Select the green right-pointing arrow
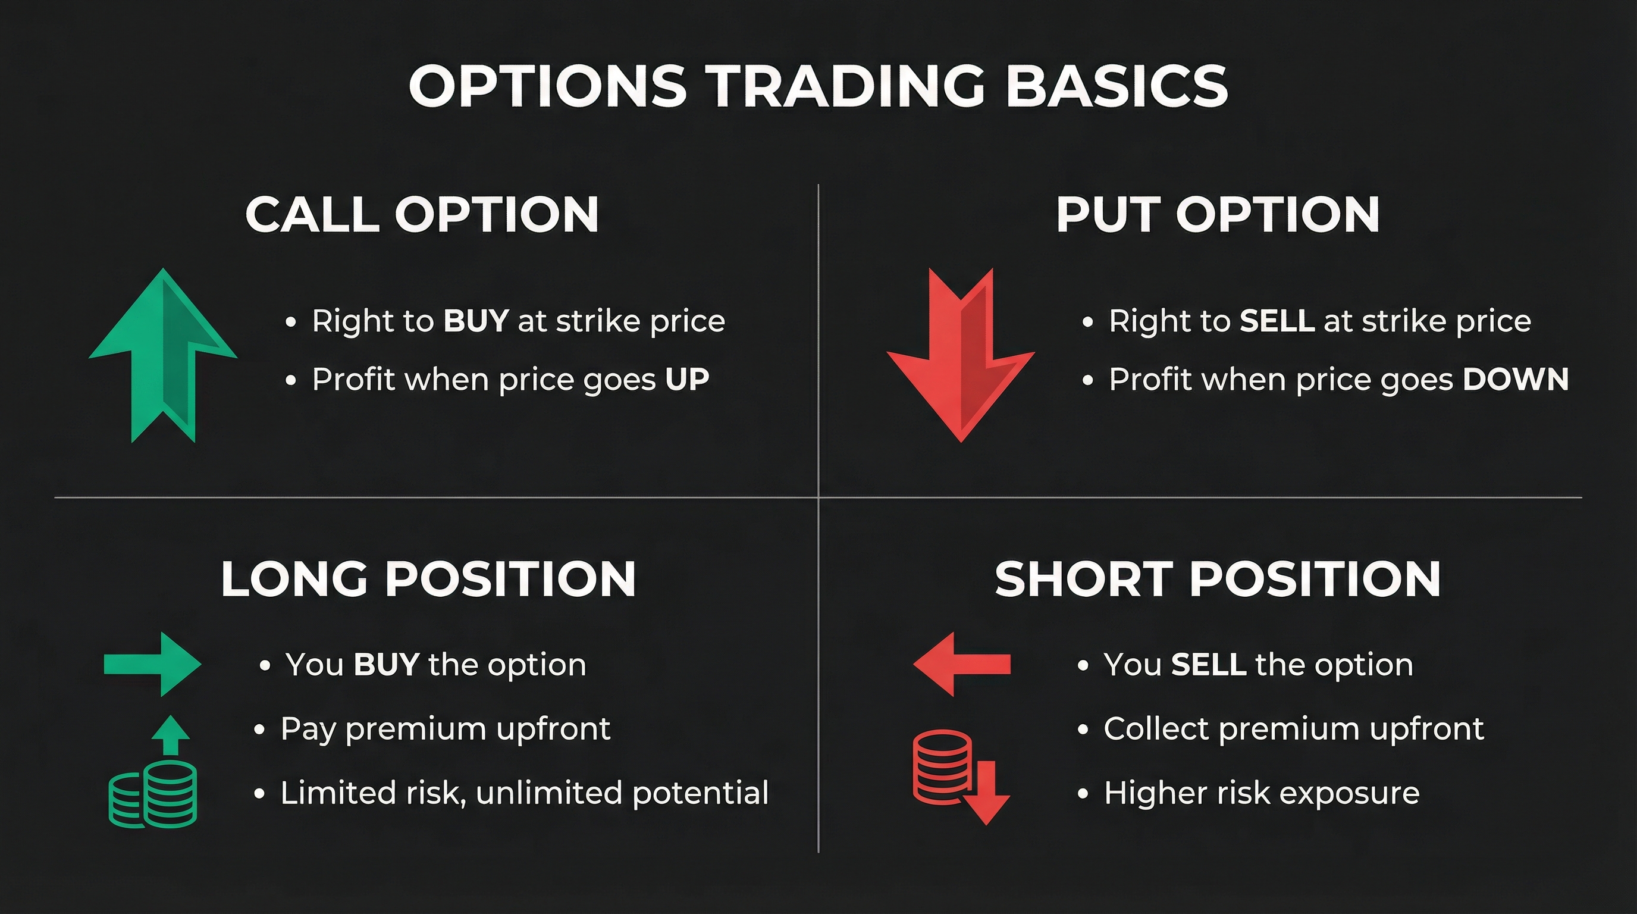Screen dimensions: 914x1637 tap(153, 664)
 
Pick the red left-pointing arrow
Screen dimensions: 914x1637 tap(961, 664)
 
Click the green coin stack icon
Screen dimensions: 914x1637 tap(153, 798)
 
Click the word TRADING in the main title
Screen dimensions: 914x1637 tap(845, 86)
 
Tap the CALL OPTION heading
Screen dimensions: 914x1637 tap(422, 215)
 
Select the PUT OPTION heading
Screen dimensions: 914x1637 tap(1218, 215)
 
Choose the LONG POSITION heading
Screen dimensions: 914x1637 tap(428, 579)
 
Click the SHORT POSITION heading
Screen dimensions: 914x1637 tap(1218, 579)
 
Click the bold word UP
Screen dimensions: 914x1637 tap(687, 380)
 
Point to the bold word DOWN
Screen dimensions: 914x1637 tap(1516, 380)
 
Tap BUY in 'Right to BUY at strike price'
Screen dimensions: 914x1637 tap(476, 321)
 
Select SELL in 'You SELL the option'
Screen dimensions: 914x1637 tap(1208, 665)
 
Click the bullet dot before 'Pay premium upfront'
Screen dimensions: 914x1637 tap(259, 730)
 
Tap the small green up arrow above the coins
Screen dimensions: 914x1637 tap(170, 735)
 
